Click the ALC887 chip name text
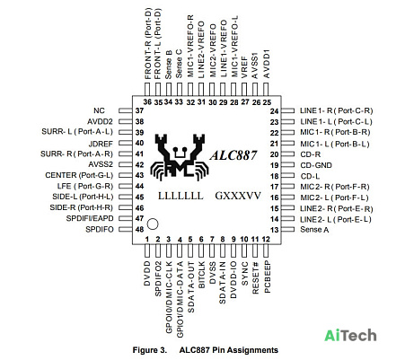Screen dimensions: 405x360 233,155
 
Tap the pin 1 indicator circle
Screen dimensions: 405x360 153,224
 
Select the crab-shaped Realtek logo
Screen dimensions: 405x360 180,157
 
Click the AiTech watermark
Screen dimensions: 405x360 350,335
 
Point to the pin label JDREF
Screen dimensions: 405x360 101,144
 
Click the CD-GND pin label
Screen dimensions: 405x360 316,165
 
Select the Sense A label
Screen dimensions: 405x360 314,230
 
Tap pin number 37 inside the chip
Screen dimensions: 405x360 139,110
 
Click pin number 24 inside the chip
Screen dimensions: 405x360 274,111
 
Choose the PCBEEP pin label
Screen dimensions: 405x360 268,277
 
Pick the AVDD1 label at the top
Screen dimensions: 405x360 266,64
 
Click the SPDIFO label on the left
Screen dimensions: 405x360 100,230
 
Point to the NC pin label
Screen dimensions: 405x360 99,110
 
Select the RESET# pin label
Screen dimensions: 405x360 255,277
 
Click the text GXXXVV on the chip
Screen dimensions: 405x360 238,196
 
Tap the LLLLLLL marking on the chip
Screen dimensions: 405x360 180,196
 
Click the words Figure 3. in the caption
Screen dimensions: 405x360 150,350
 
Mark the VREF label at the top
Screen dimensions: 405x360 244,67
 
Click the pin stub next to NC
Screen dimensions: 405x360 126,110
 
